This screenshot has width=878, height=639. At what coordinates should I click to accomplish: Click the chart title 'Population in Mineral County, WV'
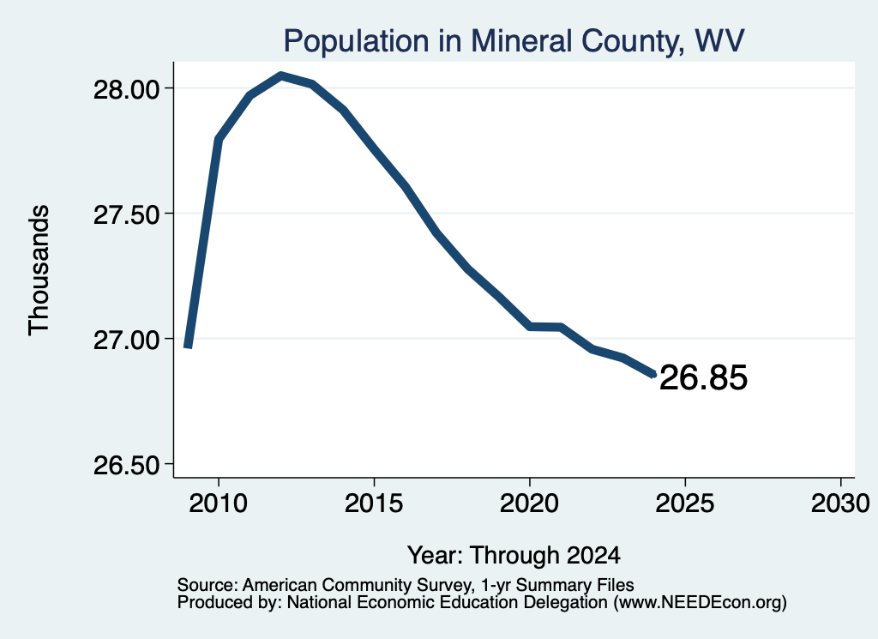tap(514, 41)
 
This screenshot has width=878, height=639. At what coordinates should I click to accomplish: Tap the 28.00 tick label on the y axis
tap(128, 89)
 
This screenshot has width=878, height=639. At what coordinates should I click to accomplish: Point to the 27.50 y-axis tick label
tap(128, 214)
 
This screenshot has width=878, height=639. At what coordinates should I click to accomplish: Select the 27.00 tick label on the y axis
tap(128, 340)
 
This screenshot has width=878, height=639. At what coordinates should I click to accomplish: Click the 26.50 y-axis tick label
tap(128, 466)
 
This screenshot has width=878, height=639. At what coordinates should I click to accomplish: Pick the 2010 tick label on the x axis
tap(219, 503)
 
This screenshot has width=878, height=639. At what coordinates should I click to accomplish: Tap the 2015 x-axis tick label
tap(374, 503)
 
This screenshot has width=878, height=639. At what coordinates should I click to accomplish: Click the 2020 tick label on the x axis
tap(529, 503)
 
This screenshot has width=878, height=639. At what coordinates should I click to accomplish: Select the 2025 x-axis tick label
tap(685, 503)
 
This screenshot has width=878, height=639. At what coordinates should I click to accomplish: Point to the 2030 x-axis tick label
tap(840, 503)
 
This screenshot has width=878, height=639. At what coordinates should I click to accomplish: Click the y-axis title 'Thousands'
tap(39, 270)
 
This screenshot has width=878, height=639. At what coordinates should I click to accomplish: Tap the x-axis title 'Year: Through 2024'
tap(514, 555)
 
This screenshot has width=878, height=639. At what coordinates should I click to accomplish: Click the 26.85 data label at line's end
tap(703, 377)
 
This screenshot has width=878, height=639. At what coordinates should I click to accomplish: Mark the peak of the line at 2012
tap(280, 75)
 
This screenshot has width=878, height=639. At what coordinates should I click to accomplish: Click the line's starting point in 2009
tap(188, 347)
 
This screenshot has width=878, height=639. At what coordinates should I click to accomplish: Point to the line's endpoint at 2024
tap(653, 375)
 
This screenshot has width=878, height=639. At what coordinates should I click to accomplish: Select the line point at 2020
tap(530, 327)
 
